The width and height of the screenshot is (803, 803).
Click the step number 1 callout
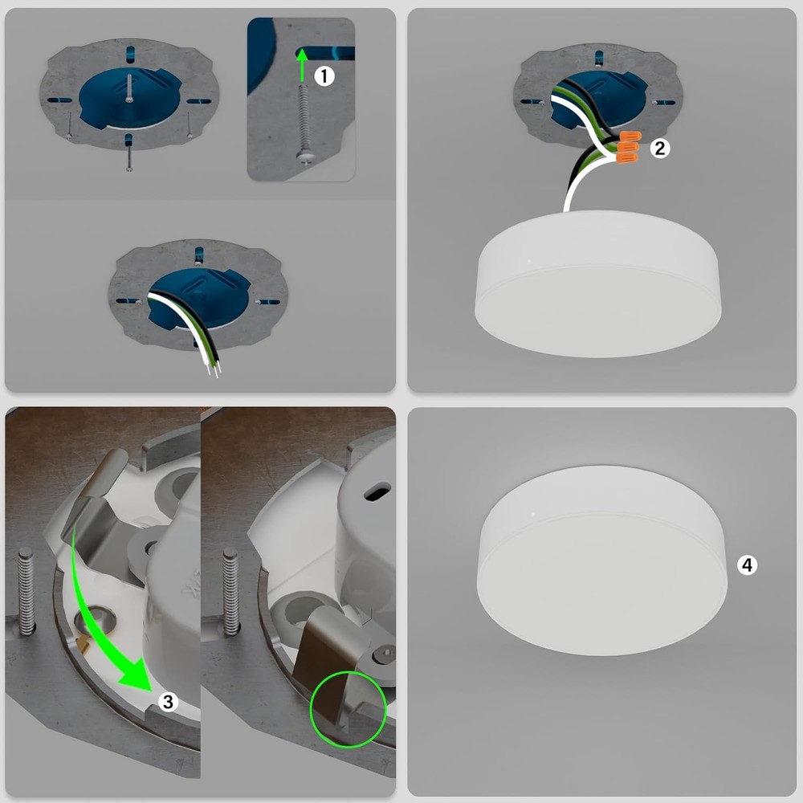(x=324, y=76)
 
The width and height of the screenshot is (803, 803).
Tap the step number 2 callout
(x=659, y=148)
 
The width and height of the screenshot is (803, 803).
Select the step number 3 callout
(x=168, y=702)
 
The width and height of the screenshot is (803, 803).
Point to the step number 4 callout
(x=747, y=565)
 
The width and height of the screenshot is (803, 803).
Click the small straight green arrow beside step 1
(x=302, y=65)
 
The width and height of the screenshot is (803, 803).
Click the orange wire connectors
(x=629, y=147)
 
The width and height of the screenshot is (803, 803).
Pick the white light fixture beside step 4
(x=601, y=560)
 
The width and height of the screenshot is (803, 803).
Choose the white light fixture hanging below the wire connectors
(x=597, y=283)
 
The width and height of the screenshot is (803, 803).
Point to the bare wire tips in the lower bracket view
(x=214, y=369)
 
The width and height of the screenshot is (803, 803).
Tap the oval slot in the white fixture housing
(x=377, y=492)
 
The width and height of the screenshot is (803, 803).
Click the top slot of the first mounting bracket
(x=130, y=54)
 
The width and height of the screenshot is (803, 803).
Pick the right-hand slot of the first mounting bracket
(x=198, y=101)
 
